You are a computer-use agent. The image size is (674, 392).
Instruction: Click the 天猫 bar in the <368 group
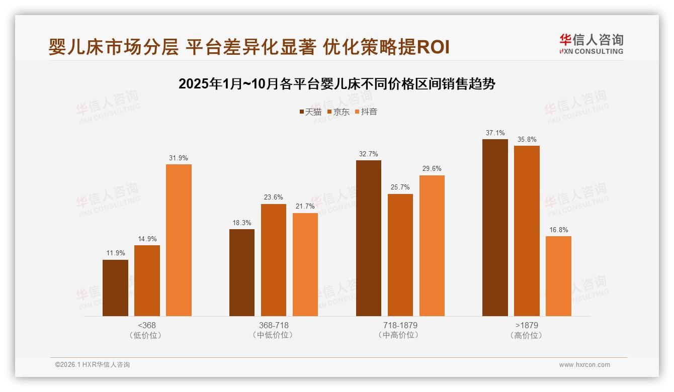pos(115,288)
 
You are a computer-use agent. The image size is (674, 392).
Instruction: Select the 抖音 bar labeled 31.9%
pos(179,240)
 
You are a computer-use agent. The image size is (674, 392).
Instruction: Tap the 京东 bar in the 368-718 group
pos(274,260)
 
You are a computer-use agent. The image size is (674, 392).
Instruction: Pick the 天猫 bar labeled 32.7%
pos(369,238)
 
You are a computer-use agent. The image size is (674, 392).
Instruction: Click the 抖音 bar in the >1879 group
pos(558,276)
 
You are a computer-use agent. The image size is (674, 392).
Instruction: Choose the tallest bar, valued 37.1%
pos(495,228)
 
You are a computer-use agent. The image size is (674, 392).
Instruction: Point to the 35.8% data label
pos(527,140)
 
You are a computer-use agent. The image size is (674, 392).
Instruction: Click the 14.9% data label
pos(147,239)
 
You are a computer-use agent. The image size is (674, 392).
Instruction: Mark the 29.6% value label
pos(432,169)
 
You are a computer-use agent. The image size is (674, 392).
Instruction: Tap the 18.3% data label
pos(242,223)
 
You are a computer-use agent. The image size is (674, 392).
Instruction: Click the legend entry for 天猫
pos(310,112)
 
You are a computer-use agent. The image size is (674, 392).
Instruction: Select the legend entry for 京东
pos(338,112)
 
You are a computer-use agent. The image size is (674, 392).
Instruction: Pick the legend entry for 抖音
pos(366,112)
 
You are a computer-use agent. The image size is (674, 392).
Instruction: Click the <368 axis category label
pos(147,325)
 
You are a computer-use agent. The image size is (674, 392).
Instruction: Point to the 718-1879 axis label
pos(400,325)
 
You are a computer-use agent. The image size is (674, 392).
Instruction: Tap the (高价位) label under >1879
pos(527,335)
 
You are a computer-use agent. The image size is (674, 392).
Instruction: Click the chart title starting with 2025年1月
pos(337,84)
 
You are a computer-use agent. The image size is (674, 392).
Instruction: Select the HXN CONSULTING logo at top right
pos(591,44)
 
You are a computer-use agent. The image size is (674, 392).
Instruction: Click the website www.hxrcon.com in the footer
pos(584,365)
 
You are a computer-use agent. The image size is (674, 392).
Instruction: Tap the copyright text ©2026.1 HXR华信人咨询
pos(93,365)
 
